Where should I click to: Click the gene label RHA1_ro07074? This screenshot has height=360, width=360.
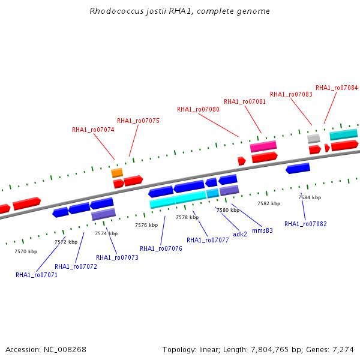click(x=93, y=130)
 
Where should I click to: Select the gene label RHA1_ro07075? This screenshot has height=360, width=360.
click(x=138, y=121)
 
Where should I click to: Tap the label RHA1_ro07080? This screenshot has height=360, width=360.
click(x=198, y=109)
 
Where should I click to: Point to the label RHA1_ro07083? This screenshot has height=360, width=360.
click(x=291, y=94)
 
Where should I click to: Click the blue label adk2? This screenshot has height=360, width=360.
click(x=240, y=234)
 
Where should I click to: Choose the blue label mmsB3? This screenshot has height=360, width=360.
click(x=262, y=230)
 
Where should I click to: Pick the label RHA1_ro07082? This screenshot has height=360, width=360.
click(x=305, y=224)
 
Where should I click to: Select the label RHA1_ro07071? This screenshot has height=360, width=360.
click(x=37, y=275)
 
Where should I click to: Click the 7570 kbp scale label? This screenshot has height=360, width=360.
click(x=26, y=251)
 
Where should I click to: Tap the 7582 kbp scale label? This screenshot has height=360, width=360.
click(x=269, y=203)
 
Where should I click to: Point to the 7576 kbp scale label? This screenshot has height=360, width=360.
click(x=146, y=225)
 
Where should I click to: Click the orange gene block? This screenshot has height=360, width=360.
click(x=117, y=173)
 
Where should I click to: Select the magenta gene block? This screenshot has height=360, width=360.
click(x=263, y=146)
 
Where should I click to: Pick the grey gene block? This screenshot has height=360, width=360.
click(x=314, y=139)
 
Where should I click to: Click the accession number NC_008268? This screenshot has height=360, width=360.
click(x=65, y=350)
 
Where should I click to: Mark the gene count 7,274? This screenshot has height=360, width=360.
click(x=343, y=350)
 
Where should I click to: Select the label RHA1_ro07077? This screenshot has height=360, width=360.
click(x=208, y=240)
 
